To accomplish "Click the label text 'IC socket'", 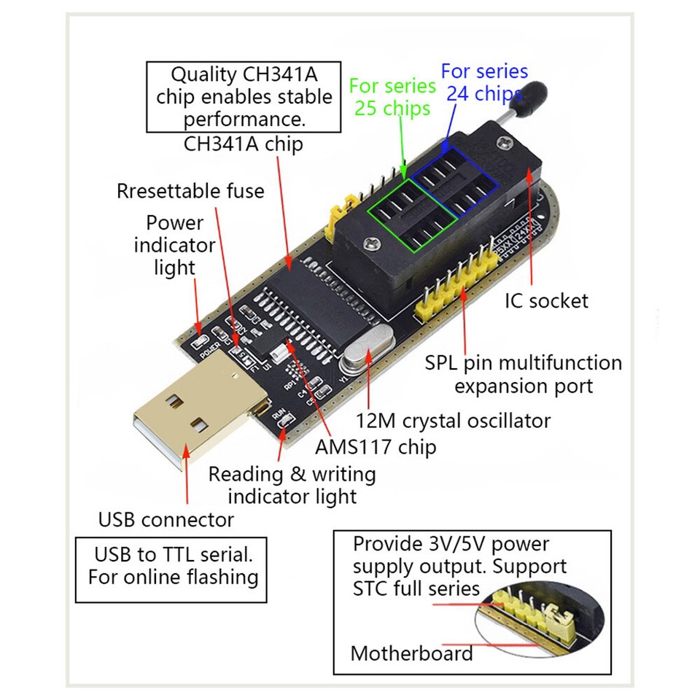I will click(546, 300).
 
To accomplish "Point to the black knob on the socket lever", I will click(532, 98).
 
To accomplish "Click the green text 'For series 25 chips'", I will click(392, 96).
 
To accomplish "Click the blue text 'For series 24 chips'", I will click(483, 82).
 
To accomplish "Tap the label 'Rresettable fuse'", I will click(190, 191).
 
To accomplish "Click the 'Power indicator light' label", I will click(174, 245).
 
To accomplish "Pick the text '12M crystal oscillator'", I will click(453, 421).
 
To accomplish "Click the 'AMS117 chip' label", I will click(376, 446).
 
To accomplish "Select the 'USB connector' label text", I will click(166, 520).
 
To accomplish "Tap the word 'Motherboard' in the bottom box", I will click(411, 653).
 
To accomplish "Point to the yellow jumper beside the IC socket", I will click(337, 212).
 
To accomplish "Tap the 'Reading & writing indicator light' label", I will click(292, 485).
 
